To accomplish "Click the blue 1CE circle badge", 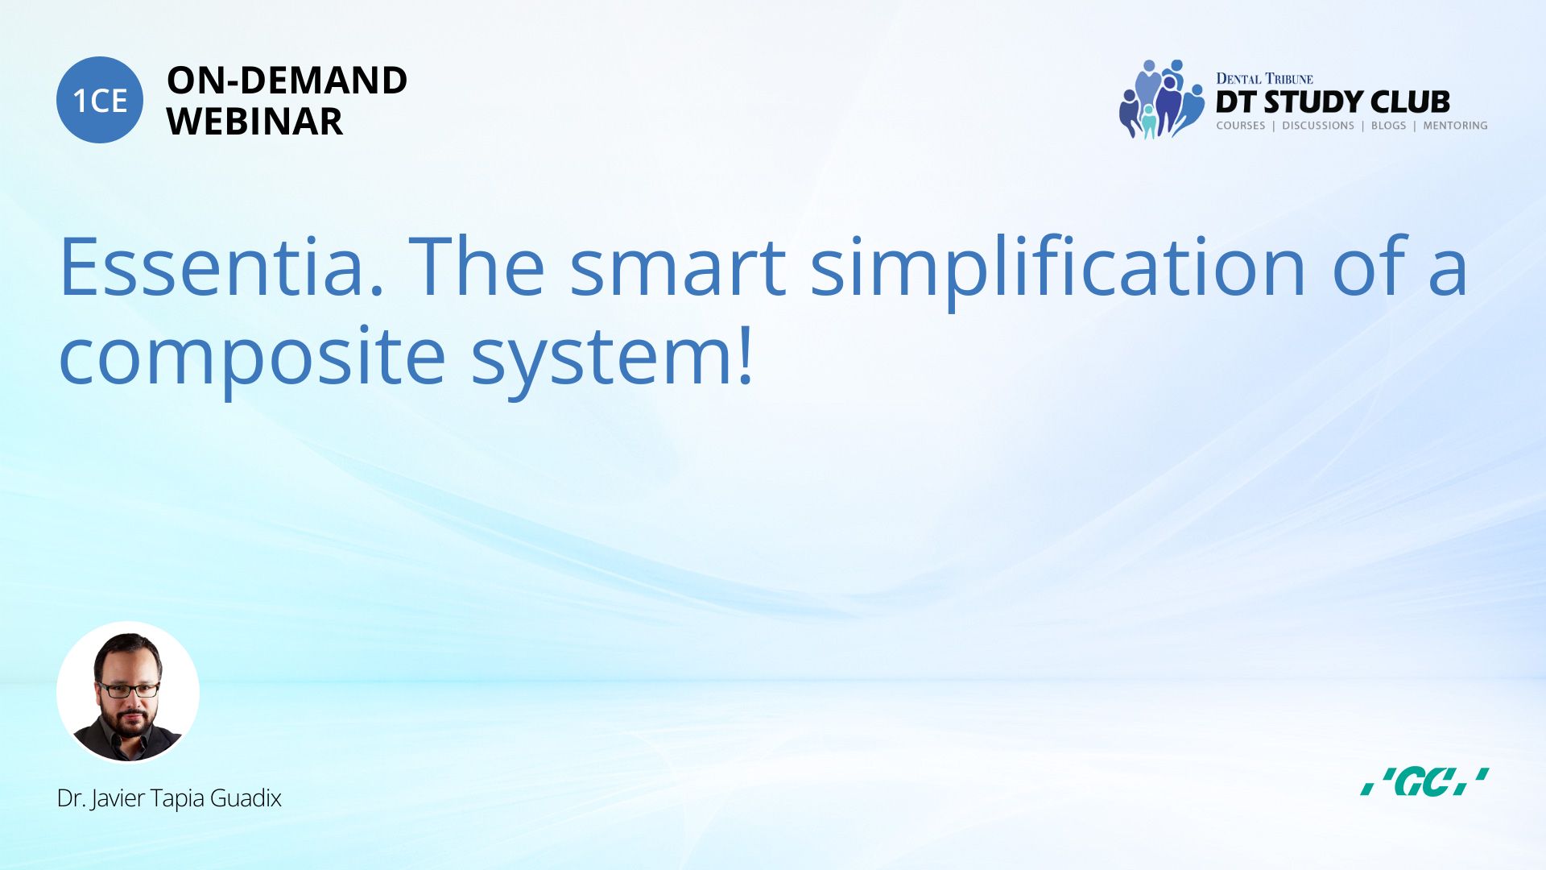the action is click(x=100, y=100).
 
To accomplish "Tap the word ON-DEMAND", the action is click(x=287, y=81).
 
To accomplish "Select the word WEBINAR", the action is click(x=254, y=122).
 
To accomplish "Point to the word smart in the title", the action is click(x=677, y=267).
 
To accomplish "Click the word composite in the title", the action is click(x=252, y=358).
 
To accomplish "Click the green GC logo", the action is click(x=1424, y=782).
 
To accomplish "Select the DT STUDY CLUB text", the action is click(x=1333, y=101).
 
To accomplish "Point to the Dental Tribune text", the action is click(x=1264, y=78).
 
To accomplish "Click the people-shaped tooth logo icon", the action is click(x=1161, y=99).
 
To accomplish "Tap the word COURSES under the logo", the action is click(x=1240, y=126).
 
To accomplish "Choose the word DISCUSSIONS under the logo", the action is click(x=1318, y=126).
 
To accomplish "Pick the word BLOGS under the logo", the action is click(x=1388, y=126).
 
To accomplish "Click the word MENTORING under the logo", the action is click(x=1455, y=126).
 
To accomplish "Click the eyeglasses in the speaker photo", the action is click(x=128, y=690).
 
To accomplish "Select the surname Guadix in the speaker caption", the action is click(x=246, y=798).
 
